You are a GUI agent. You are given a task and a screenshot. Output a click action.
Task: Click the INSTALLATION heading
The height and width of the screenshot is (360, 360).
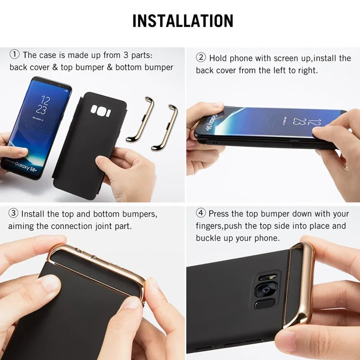click(183, 21)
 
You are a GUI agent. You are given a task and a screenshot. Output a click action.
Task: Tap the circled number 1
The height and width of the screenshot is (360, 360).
click(14, 55)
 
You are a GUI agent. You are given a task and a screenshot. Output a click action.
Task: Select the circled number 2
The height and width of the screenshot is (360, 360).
click(201, 58)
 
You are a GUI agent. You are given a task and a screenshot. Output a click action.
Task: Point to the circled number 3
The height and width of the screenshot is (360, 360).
click(13, 213)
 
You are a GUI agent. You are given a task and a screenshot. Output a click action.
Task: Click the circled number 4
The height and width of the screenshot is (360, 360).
click(201, 213)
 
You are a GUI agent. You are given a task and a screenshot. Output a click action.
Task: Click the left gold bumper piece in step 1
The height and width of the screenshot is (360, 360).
click(140, 119)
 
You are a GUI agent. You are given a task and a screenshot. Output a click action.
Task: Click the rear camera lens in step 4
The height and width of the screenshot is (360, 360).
click(265, 290)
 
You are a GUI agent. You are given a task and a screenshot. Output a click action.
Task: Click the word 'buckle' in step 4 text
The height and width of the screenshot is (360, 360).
click(208, 238)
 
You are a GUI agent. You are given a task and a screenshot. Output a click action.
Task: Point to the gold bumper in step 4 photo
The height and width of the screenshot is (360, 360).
click(301, 284)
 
